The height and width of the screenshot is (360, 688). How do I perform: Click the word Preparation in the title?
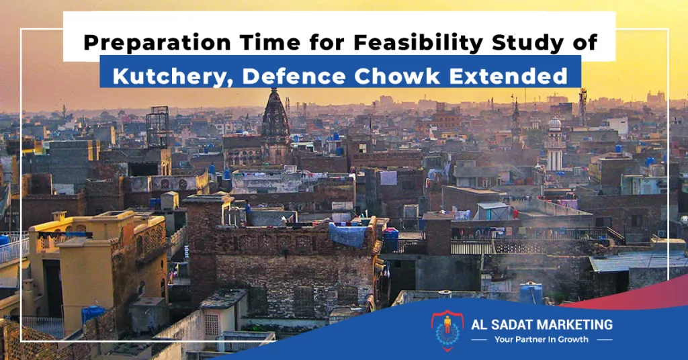[x=157, y=43]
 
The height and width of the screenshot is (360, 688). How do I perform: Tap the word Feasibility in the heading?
[x=418, y=42]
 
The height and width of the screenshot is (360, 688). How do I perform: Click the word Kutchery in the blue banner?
[x=171, y=75]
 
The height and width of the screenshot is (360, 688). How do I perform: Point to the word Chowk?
[x=397, y=75]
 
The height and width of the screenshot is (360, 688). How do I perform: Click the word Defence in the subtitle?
[x=294, y=75]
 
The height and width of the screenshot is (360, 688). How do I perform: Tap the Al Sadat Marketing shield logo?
[x=447, y=330]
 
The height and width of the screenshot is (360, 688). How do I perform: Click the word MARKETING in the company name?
[x=576, y=325]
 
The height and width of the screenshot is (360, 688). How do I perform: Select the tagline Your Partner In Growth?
[x=542, y=339]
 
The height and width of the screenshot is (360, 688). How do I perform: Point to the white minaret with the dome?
[x=554, y=142]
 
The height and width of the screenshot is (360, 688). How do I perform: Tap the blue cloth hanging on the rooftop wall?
[x=347, y=236]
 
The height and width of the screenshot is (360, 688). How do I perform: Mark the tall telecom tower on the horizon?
[x=583, y=107]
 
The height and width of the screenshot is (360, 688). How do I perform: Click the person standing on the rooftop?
[x=248, y=212]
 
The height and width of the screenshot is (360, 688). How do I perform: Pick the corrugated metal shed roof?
[x=637, y=262]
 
